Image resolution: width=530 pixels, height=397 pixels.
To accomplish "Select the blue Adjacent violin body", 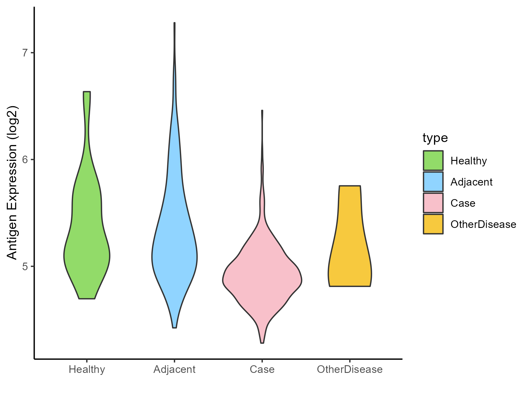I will [x=174, y=250].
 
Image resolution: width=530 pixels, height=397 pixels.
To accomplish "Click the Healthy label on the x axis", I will [x=87, y=369].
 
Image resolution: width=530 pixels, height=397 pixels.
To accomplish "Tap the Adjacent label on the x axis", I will [x=174, y=369].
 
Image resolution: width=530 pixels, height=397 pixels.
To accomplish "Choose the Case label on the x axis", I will [x=262, y=369].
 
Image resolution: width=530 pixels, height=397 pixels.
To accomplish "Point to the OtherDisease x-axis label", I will [x=350, y=369].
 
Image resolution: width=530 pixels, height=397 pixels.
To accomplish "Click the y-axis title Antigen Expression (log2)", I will [x=12, y=182].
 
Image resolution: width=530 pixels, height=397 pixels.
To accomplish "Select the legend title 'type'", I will [x=435, y=138].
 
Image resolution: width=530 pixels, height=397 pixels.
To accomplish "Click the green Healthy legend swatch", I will [x=433, y=161].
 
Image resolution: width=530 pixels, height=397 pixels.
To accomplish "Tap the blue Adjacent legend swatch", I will [x=433, y=182].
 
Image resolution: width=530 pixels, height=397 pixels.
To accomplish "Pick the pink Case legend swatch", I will [x=433, y=203].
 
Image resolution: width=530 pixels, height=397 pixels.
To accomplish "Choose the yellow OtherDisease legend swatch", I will [x=433, y=224].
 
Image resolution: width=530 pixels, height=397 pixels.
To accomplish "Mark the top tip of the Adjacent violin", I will [x=175, y=23].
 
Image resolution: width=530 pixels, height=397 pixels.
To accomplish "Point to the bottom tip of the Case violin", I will [x=262, y=343].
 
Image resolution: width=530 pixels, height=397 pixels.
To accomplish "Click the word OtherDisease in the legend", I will [x=483, y=224].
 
